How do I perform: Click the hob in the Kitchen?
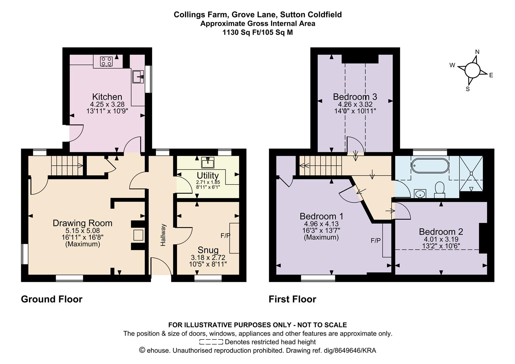pyautogui.click(x=106, y=61)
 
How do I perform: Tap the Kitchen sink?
pyautogui.click(x=138, y=77)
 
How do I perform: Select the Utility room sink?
pyautogui.click(x=208, y=162)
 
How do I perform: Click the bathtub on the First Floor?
pyautogui.click(x=430, y=166)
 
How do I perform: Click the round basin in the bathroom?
pyautogui.click(x=420, y=193)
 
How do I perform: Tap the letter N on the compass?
pyautogui.click(x=477, y=52)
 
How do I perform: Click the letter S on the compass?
pyautogui.click(x=467, y=89)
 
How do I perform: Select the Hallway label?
pyautogui.click(x=163, y=235)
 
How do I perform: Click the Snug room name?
pyautogui.click(x=208, y=250)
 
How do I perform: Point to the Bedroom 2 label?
pyautogui.click(x=441, y=232)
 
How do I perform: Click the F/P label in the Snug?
pyautogui.click(x=225, y=236)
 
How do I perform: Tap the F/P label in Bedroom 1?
pyautogui.click(x=376, y=241)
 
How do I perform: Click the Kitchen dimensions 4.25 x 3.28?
pyautogui.click(x=107, y=104)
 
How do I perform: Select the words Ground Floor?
pyautogui.click(x=52, y=299)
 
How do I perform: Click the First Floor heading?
pyautogui.click(x=293, y=299)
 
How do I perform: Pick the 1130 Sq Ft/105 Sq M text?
pyautogui.click(x=258, y=32)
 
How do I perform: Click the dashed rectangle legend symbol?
pyautogui.click(x=211, y=342)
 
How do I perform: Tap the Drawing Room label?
pyautogui.click(x=83, y=223)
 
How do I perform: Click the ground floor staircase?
pyautogui.click(x=67, y=165)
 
